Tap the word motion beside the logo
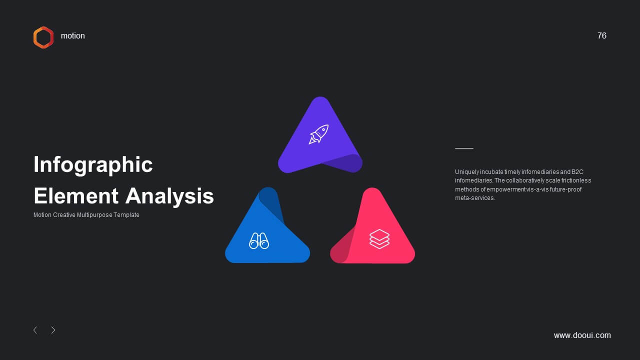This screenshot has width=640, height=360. (73, 36)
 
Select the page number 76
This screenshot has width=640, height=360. (601, 35)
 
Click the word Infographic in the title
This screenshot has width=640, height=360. (93, 165)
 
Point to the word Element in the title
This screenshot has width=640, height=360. (76, 196)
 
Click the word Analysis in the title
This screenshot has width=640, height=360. (169, 196)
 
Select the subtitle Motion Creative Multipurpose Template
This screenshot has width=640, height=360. (86, 215)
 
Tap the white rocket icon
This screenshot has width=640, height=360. (318, 134)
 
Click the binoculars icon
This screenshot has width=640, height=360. (259, 241)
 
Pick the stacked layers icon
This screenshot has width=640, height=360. (379, 239)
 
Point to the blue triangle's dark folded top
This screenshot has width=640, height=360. (271, 203)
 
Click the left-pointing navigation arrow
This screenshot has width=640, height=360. (35, 330)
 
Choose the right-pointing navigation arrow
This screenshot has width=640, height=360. (53, 330)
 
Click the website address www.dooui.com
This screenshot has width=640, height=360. (582, 335)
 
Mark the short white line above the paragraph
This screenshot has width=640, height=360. (464, 148)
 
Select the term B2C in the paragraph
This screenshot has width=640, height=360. (577, 171)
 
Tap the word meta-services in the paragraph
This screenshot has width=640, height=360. (475, 197)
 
